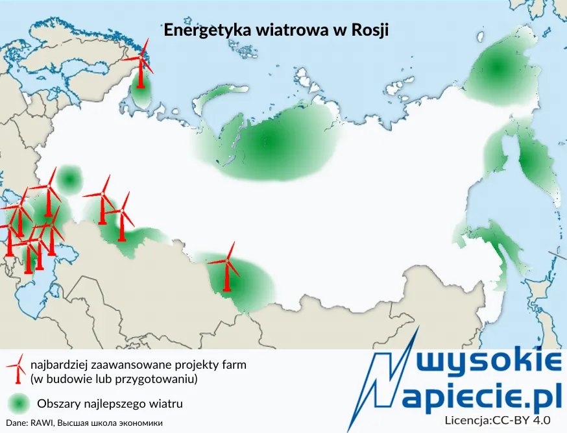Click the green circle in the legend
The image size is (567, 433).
20,404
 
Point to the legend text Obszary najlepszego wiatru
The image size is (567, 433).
110,404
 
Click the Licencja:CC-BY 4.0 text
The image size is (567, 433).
497,421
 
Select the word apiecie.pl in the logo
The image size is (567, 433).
481,396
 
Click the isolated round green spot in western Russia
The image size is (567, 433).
69,179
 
